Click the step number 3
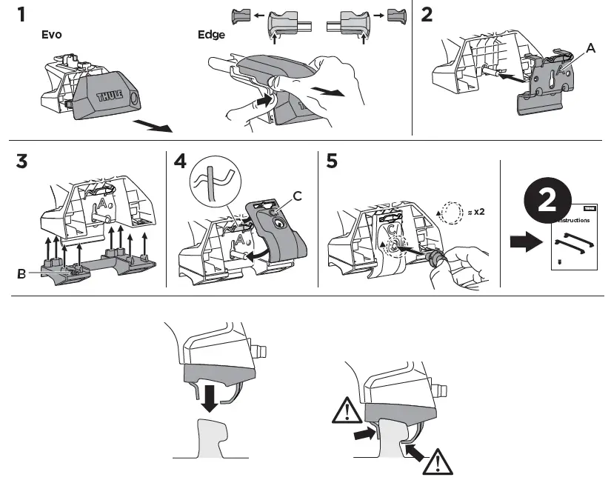(24, 163)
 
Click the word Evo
(51, 34)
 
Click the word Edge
(210, 34)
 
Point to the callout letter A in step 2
(590, 48)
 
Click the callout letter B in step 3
(21, 273)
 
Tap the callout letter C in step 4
(297, 196)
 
